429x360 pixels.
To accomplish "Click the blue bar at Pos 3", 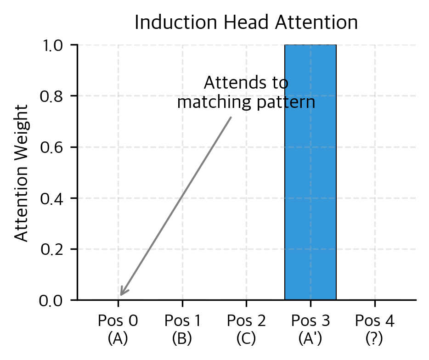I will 310,172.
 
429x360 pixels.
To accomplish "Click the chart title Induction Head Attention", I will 246,22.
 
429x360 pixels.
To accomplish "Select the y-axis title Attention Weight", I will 22,172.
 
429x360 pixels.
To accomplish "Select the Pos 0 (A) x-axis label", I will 118,329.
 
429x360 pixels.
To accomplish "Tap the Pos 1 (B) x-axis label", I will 182,329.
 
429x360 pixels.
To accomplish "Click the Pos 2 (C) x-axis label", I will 246,329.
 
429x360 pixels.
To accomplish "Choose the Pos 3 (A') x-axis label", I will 310,329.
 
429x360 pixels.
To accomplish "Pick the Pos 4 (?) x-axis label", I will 375,329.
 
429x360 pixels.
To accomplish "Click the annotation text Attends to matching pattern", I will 246,93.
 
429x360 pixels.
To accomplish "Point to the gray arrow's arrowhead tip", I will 121,295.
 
